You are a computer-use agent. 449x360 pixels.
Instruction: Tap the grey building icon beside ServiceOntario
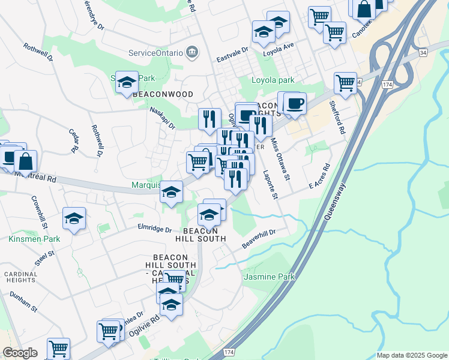(x=191, y=52)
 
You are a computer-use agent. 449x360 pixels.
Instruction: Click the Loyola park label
(x=273, y=80)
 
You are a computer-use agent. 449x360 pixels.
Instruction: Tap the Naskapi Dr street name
(x=162, y=118)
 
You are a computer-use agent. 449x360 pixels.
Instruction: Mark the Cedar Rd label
(x=74, y=140)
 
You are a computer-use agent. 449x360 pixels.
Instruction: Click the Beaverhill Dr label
(x=258, y=239)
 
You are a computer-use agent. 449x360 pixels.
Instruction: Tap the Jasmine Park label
(x=270, y=277)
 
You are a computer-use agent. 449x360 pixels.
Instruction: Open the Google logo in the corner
(x=20, y=353)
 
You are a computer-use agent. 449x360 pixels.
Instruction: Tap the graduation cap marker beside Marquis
(x=172, y=192)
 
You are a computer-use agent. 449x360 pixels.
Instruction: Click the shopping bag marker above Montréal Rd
(x=26, y=161)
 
